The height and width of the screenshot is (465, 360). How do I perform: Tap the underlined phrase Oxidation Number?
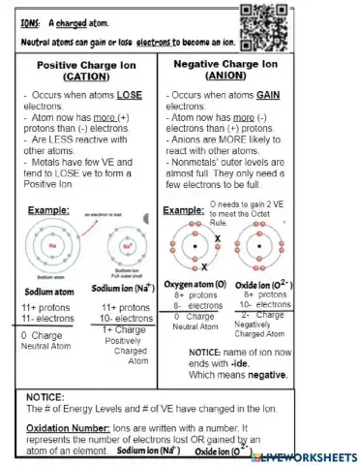(x=59, y=428)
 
